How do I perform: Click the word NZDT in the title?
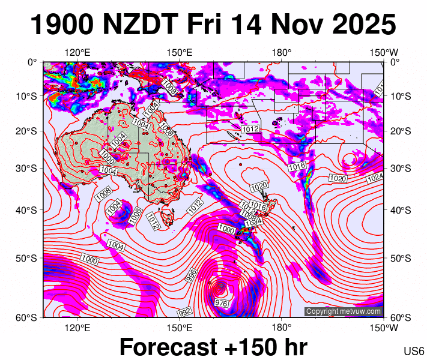click(x=141, y=25)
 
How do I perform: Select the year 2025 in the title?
click(x=360, y=25)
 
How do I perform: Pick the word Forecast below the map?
click(x=168, y=347)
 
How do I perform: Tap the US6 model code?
click(x=414, y=350)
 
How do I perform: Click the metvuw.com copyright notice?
click(x=343, y=311)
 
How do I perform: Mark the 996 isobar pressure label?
click(x=192, y=275)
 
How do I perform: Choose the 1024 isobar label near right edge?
click(x=375, y=178)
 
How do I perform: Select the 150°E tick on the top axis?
click(x=179, y=53)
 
